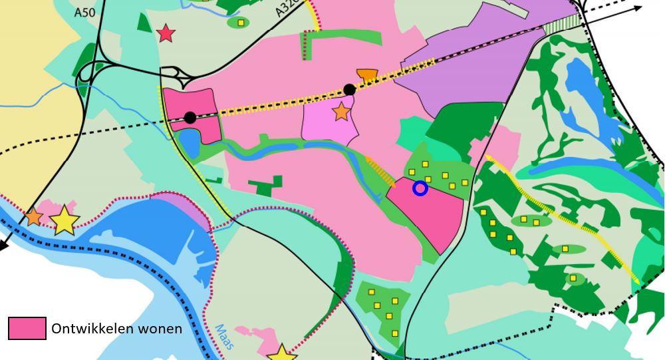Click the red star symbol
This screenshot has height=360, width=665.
[x=166, y=33]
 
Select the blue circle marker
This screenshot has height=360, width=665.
[x=420, y=188]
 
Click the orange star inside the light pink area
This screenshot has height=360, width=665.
[x=341, y=112]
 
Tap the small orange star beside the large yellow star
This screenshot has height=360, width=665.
[x=33, y=217]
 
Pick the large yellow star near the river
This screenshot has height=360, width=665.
[x=65, y=220]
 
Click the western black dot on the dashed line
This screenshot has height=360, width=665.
[x=190, y=118]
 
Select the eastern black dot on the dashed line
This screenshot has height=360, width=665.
[x=349, y=90]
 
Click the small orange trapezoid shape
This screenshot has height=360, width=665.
[x=366, y=75]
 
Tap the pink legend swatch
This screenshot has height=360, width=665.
[x=27, y=329]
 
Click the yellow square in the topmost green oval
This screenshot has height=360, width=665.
[x=241, y=23]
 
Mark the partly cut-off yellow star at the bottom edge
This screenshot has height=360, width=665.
[x=282, y=353]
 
